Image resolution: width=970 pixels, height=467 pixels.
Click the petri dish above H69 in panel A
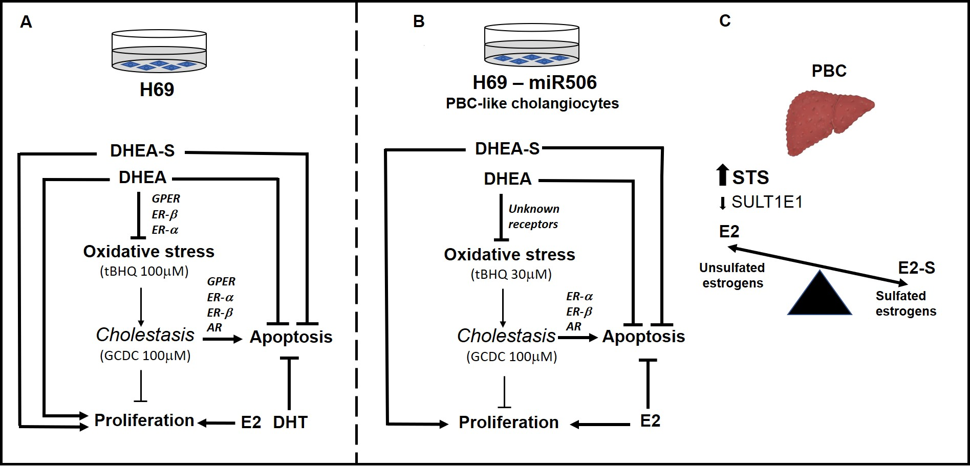tap(159, 51)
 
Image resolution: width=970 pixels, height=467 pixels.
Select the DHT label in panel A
tap(290, 422)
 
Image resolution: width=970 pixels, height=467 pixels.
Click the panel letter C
tap(725, 21)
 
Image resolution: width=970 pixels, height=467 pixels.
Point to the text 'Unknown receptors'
tap(533, 216)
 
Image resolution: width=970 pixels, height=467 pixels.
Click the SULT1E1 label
tap(767, 202)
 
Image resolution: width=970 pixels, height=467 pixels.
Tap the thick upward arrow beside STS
tap(722, 175)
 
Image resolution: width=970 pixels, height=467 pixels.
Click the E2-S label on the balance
tap(916, 268)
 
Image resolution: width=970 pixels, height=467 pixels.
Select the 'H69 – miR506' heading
tap(534, 82)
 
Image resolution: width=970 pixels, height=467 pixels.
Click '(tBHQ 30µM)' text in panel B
tap(511, 274)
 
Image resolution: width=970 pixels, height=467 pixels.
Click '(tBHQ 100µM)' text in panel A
tap(144, 271)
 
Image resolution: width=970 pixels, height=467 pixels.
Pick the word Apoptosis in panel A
tap(291, 337)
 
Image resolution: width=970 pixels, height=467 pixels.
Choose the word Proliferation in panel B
tap(508, 422)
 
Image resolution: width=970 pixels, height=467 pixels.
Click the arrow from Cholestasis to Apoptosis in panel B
tap(577, 338)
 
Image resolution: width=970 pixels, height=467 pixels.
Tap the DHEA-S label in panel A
tap(142, 150)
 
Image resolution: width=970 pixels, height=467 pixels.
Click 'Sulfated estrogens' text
tap(906, 303)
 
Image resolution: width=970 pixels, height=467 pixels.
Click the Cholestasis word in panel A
tap(145, 335)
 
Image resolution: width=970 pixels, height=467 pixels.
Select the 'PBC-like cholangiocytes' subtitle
tap(532, 103)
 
